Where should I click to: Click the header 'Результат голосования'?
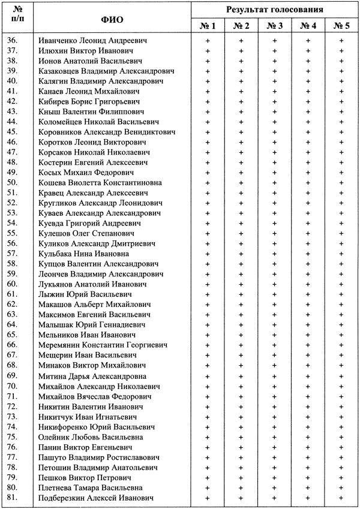pyautogui.click(x=275, y=10)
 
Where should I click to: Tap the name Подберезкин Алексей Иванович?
pyautogui.click(x=95, y=498)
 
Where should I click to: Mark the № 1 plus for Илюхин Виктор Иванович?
pyautogui.click(x=208, y=50)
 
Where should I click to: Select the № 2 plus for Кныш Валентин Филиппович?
pyautogui.click(x=241, y=111)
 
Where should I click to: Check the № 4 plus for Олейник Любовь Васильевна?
pyautogui.click(x=308, y=437)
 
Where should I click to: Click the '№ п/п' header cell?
pyautogui.click(x=17, y=19)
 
